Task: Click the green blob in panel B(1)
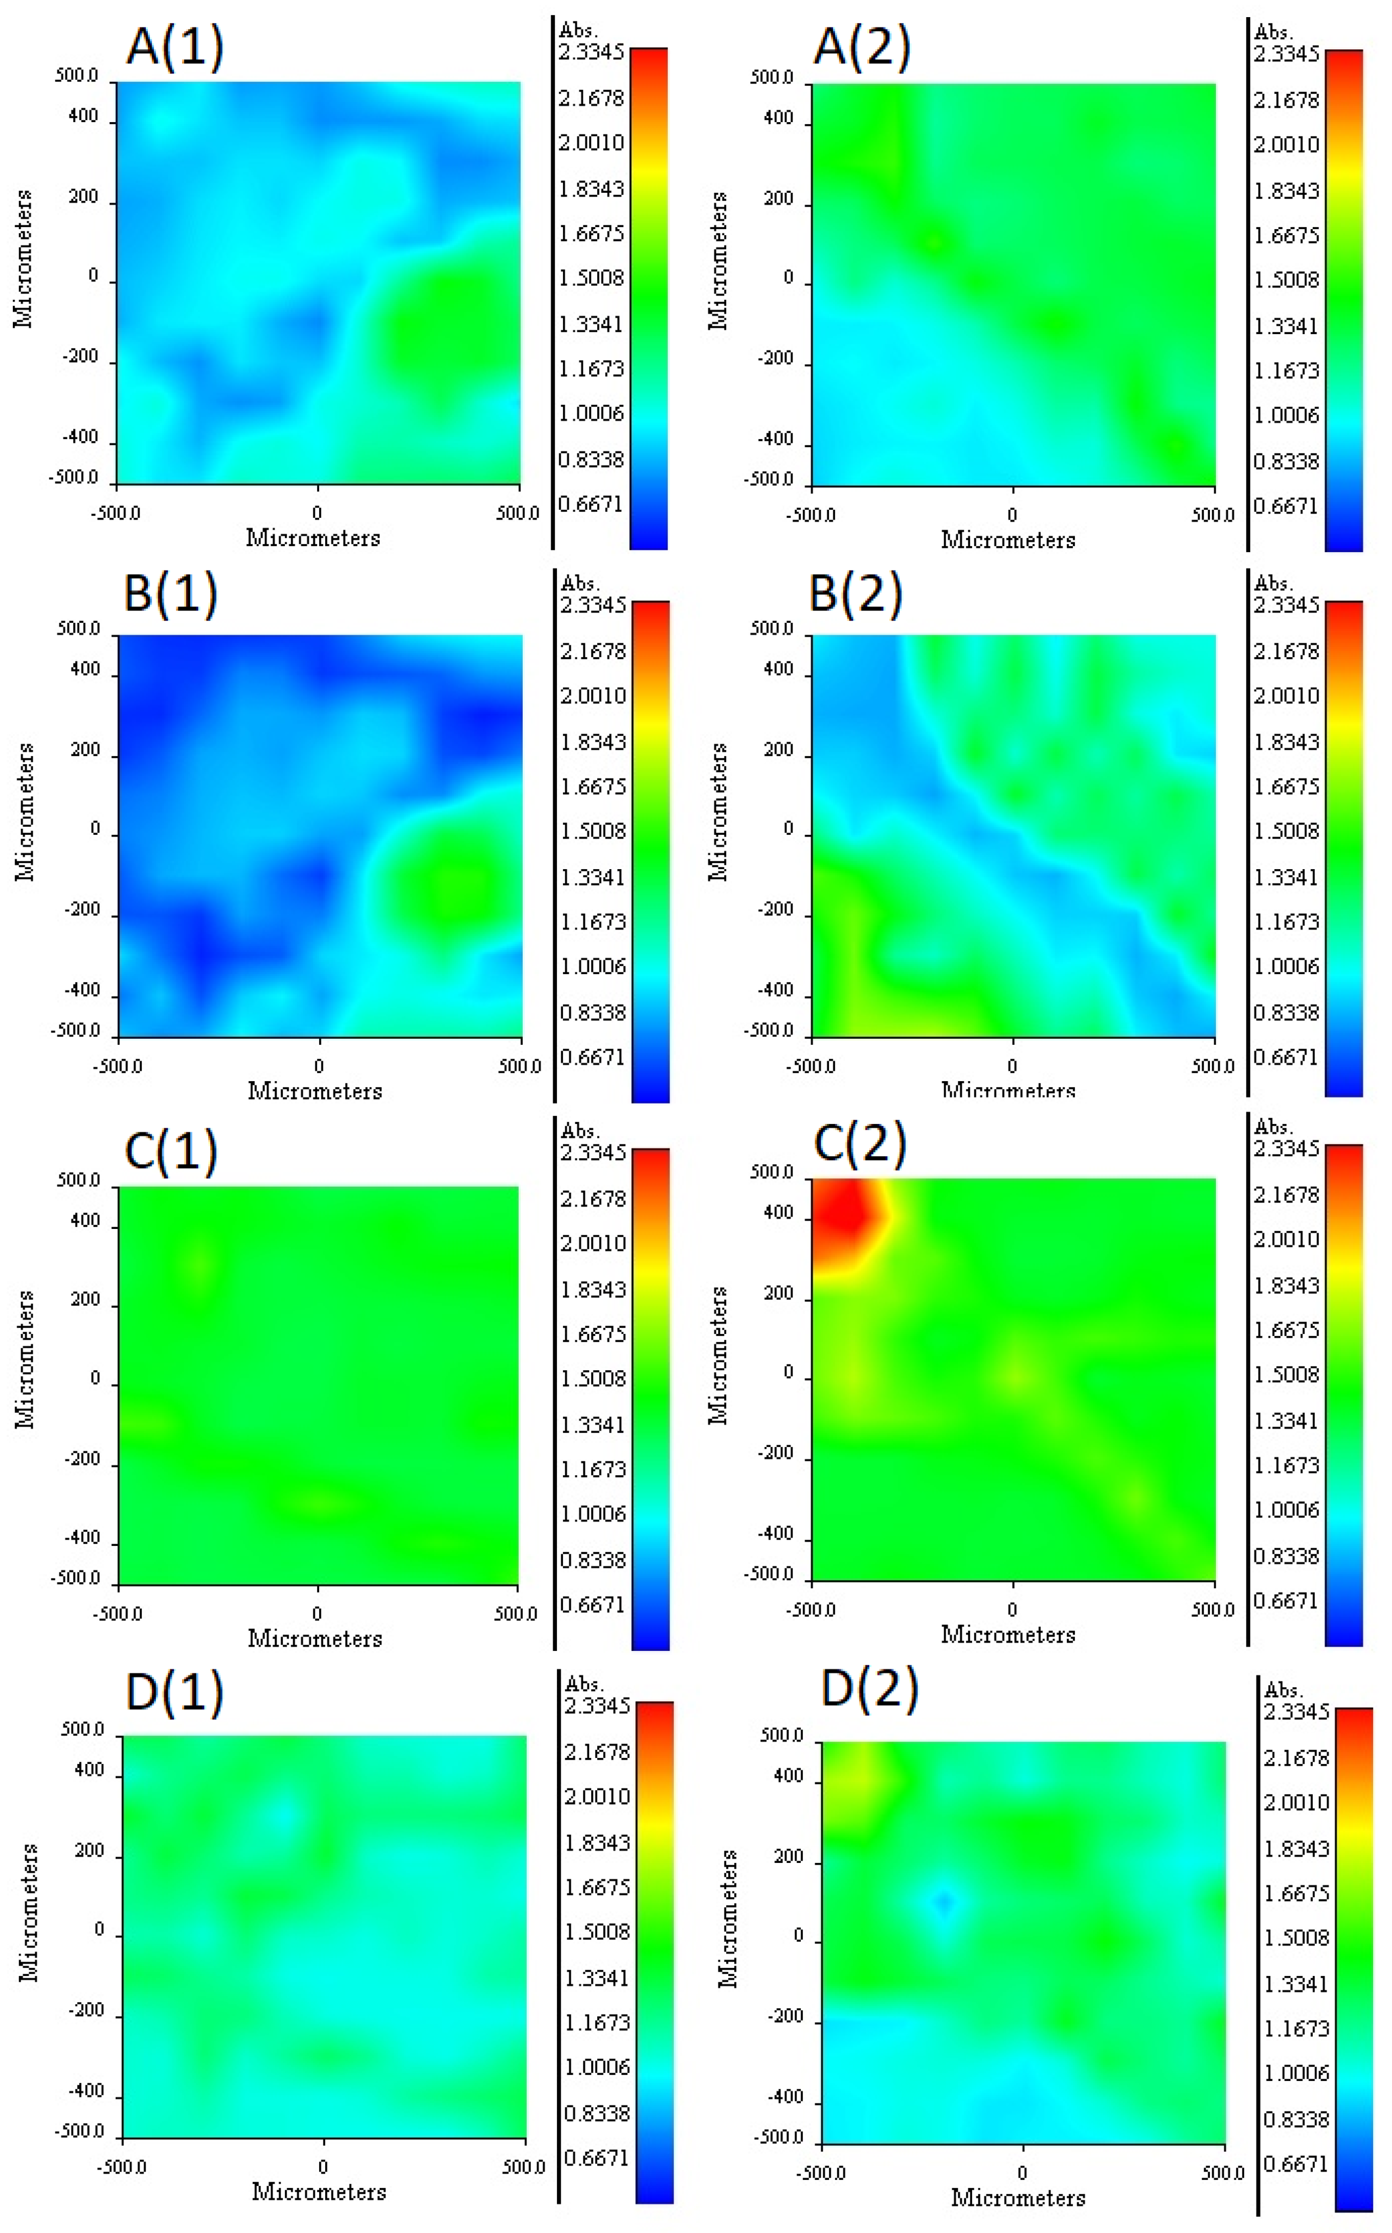pos(447,879)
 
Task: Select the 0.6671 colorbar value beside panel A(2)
pos(1286,506)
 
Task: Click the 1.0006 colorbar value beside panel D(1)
pos(597,2068)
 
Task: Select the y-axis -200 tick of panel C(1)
pos(83,1459)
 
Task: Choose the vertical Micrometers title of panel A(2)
pos(718,260)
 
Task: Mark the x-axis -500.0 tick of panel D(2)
pos(821,2173)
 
